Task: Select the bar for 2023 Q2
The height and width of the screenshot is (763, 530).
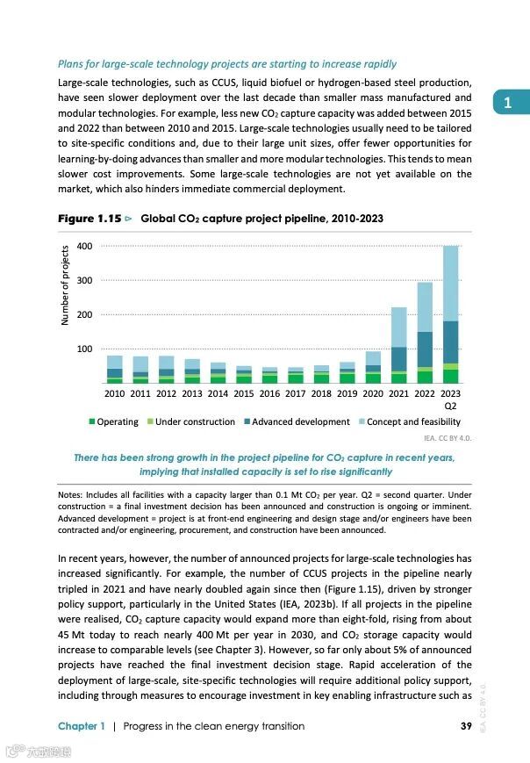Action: click(450, 314)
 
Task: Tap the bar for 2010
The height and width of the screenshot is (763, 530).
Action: click(114, 370)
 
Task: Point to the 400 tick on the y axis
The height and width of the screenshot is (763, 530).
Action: click(84, 246)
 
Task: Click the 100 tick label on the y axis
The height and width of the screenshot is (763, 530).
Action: click(84, 349)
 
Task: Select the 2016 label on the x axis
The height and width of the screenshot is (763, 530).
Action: click(269, 394)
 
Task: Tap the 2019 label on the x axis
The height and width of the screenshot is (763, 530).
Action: click(347, 394)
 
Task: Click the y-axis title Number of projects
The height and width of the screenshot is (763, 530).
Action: click(65, 286)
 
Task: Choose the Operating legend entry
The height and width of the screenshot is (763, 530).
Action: click(114, 422)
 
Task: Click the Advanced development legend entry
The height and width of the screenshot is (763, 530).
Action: click(295, 422)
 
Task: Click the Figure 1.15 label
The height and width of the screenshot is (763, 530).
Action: click(89, 218)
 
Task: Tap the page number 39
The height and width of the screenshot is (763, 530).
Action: click(466, 726)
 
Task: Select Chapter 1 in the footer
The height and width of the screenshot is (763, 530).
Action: click(82, 726)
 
